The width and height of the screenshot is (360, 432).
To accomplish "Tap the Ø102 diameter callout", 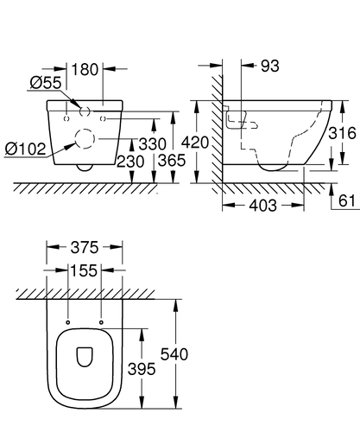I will click(x=24, y=149).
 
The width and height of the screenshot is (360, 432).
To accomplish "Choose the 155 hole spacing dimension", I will click(x=85, y=270).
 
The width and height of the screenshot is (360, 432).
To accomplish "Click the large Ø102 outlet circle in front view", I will click(x=85, y=138).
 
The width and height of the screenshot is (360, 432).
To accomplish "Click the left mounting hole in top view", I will click(x=68, y=323).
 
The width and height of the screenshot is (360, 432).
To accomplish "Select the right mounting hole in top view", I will click(x=102, y=323).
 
